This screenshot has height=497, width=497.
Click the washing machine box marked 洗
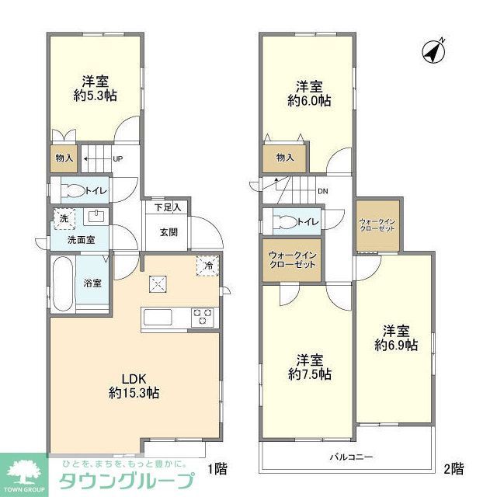tap(64, 219)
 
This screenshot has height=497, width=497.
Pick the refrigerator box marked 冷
tap(208, 265)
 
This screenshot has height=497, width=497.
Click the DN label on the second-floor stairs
tap(321, 192)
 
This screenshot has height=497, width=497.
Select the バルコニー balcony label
tap(351, 457)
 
